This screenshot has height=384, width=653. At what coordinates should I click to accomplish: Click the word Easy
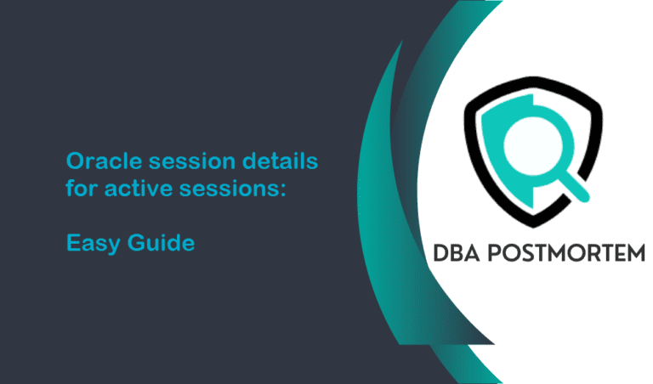tap(93, 244)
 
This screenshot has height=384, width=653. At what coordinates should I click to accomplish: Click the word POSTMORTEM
tap(565, 252)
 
